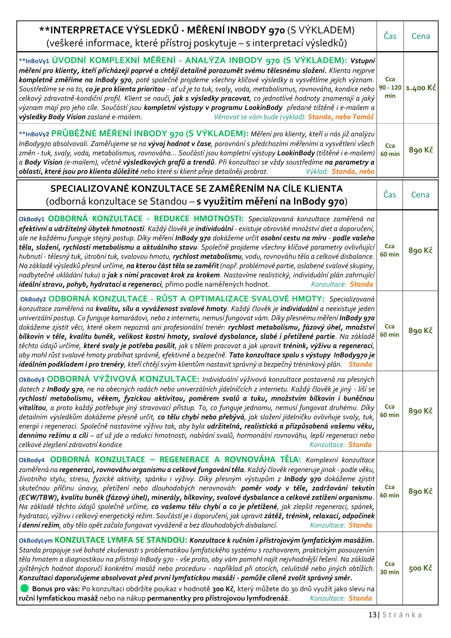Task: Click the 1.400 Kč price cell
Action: [421, 88]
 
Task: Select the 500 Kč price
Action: [420, 568]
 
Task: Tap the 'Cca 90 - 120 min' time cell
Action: [390, 88]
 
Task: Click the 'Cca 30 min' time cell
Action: [390, 568]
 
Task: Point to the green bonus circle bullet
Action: [25, 588]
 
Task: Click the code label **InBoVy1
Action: [34, 61]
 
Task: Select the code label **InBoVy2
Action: [34, 134]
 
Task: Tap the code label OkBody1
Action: [32, 219]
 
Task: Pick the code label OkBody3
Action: [32, 379]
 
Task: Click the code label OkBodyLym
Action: [36, 541]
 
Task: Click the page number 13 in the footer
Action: [372, 614]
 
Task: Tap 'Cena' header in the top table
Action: [421, 36]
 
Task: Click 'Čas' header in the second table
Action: [390, 194]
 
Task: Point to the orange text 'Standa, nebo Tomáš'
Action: [340, 117]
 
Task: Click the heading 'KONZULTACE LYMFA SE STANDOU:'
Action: [121, 540]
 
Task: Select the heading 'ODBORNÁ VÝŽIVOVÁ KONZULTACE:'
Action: [123, 379]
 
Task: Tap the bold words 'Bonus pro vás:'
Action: [56, 589]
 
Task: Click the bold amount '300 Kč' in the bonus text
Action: [223, 589]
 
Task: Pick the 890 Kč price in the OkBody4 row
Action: [420, 491]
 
